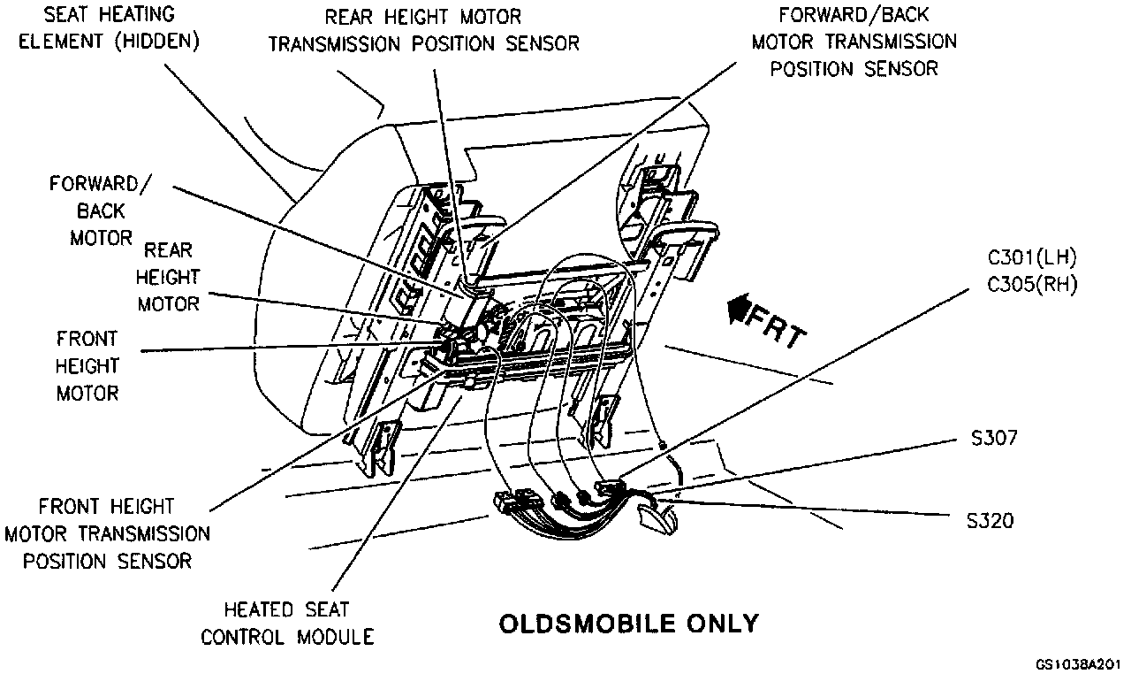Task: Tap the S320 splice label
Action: tap(990, 520)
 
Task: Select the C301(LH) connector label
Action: tap(1031, 258)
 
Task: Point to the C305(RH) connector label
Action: tap(1031, 284)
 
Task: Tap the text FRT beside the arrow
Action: tap(778, 326)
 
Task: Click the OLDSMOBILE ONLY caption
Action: tap(628, 624)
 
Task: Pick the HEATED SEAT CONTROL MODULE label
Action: tap(286, 623)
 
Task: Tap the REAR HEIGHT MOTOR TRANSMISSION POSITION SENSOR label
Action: tap(423, 30)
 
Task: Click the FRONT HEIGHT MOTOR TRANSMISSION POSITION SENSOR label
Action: tap(108, 533)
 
